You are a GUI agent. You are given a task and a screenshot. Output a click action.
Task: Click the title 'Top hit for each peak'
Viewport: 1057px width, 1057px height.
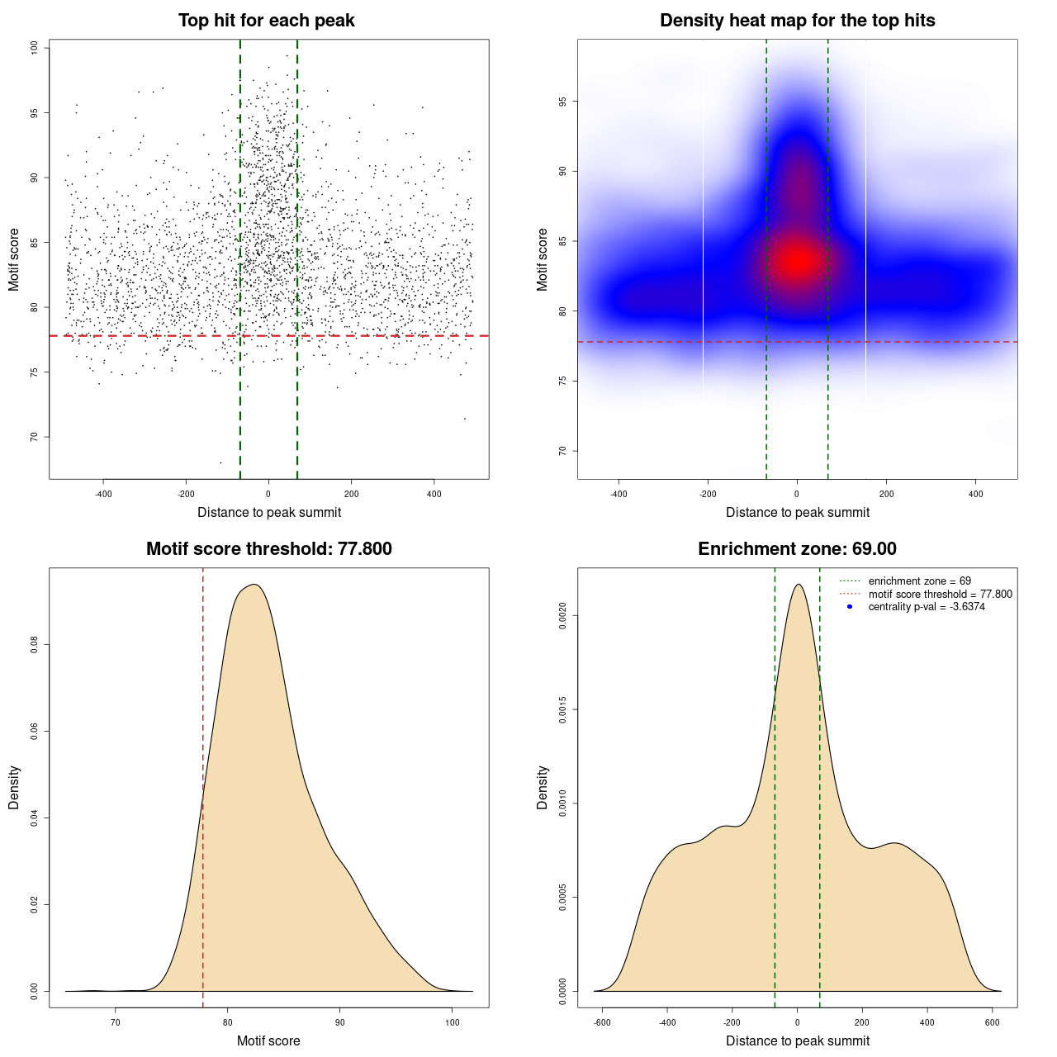click(267, 21)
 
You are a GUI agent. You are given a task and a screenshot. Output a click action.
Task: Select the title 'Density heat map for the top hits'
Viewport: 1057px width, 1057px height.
click(797, 21)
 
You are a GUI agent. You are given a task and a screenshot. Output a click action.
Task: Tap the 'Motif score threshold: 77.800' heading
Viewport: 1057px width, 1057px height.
click(268, 549)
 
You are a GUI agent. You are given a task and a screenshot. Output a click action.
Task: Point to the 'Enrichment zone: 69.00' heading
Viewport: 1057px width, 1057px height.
click(797, 549)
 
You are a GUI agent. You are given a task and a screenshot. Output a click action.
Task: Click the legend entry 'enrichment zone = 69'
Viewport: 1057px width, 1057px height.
click(919, 581)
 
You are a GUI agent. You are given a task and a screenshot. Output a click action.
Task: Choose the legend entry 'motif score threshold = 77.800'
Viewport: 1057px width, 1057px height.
click(940, 594)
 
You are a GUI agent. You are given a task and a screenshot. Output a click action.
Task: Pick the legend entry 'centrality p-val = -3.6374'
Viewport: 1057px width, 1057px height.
click(927, 607)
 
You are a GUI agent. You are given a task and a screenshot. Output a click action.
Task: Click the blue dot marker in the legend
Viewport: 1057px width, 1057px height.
click(850, 607)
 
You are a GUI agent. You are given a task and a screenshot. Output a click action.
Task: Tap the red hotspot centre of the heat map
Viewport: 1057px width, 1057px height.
click(797, 261)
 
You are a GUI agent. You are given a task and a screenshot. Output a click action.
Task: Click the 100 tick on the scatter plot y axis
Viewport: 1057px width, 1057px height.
click(35, 48)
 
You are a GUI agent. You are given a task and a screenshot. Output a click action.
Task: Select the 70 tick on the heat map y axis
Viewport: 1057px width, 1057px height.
click(562, 451)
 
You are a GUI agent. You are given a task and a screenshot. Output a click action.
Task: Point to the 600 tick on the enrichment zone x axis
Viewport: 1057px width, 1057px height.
click(993, 1022)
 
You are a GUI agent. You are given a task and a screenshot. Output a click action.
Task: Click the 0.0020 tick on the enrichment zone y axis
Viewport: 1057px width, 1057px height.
click(562, 615)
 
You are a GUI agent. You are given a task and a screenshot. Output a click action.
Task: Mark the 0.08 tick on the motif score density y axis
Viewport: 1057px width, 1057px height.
click(35, 644)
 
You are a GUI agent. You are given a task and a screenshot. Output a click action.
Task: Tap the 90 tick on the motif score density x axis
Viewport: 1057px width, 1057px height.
click(339, 1022)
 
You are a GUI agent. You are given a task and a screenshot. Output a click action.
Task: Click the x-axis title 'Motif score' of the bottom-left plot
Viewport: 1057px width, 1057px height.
click(268, 1040)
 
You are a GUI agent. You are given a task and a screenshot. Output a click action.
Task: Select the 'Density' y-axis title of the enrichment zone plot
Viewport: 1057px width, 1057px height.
click(543, 787)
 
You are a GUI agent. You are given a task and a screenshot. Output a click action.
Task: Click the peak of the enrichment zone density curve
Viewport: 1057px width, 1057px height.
click(798, 585)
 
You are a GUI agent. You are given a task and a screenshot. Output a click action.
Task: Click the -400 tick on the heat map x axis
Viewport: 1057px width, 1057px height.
click(619, 494)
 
